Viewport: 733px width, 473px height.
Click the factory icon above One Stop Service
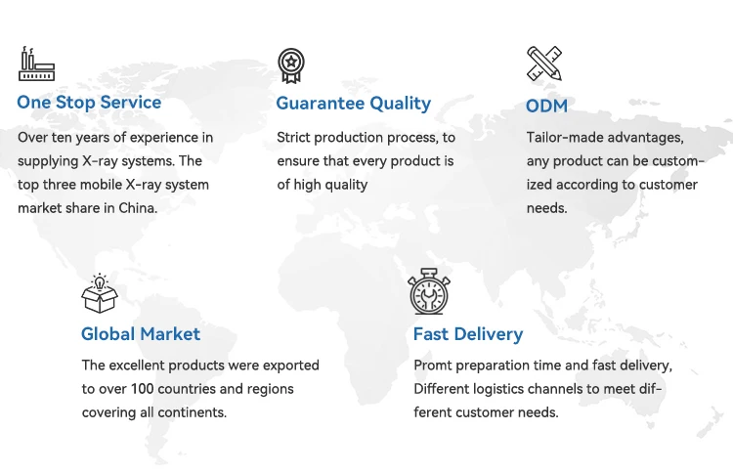tap(36, 64)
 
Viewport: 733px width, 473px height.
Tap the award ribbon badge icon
tap(291, 65)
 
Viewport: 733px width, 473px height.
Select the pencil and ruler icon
tap(544, 64)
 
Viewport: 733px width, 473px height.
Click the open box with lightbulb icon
tap(100, 293)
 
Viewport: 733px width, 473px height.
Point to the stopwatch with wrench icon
tap(429, 291)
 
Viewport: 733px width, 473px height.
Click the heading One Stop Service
tap(89, 103)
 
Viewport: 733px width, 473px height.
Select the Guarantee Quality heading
tap(354, 104)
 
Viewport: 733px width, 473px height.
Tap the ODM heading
tap(546, 107)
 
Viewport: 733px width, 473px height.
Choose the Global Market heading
tap(140, 334)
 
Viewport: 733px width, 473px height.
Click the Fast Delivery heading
tap(468, 334)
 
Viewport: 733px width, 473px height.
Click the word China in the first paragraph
tap(138, 207)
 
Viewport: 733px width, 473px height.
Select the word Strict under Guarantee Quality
tap(293, 138)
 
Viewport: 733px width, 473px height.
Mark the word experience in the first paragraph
tap(157, 138)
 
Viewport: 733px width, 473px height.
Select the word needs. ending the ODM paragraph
tap(546, 208)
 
